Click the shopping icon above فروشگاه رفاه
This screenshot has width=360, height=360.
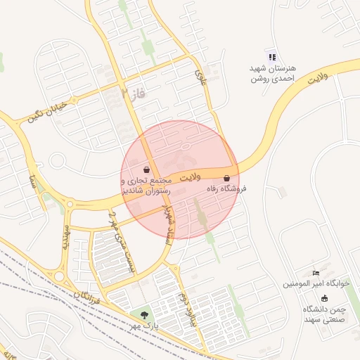[x=226, y=179]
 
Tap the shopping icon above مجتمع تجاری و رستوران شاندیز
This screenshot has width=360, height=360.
[x=146, y=169]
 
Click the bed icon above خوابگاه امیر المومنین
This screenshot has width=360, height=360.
[x=316, y=272]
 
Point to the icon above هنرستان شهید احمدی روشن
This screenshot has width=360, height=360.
[x=272, y=57]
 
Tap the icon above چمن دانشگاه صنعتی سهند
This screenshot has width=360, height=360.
[x=324, y=298]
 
